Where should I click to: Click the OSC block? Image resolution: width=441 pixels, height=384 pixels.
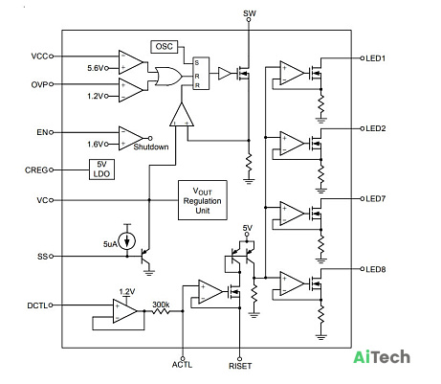click(164, 47)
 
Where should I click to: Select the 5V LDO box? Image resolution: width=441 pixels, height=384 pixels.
click(101, 169)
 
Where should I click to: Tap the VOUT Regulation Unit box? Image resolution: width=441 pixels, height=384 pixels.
click(203, 200)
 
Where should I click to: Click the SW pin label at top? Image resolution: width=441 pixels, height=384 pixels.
click(250, 13)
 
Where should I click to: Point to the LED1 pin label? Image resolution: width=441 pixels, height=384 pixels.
click(376, 58)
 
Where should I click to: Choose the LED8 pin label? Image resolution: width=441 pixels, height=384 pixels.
click(376, 269)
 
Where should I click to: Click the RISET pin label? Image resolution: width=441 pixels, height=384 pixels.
click(240, 366)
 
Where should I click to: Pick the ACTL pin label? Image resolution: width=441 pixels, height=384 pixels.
click(182, 365)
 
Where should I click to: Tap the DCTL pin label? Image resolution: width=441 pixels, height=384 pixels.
click(37, 305)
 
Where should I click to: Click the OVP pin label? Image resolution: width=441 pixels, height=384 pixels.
click(39, 84)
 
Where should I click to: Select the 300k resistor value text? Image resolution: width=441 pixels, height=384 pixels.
click(161, 305)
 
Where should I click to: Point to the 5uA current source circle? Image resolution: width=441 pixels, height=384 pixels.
click(127, 240)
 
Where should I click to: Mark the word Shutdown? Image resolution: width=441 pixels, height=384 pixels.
click(151, 147)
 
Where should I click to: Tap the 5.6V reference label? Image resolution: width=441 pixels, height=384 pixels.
click(96, 68)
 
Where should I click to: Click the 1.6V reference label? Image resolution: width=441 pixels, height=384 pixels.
click(96, 145)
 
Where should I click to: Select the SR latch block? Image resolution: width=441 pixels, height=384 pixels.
click(201, 74)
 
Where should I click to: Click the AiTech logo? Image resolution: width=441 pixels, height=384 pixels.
click(382, 357)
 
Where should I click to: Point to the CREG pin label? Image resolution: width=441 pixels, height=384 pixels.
click(36, 170)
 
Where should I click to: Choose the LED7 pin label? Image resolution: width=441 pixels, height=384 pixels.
click(376, 199)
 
